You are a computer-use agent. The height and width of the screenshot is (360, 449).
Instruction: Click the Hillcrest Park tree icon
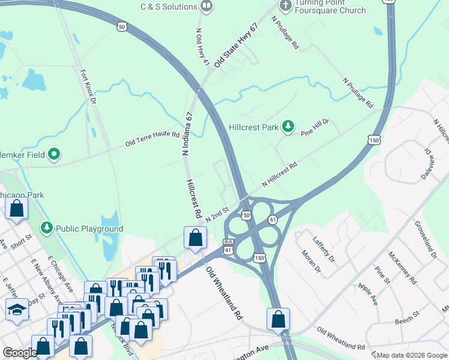(289, 127)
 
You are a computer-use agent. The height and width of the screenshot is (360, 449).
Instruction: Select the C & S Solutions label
(169, 7)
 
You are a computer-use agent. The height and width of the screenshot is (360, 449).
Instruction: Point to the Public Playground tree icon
(47, 228)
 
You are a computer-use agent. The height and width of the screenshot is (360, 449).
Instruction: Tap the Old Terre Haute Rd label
(152, 139)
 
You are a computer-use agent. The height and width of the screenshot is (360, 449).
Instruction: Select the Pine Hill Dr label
(315, 127)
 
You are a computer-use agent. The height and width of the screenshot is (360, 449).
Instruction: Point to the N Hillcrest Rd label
(280, 175)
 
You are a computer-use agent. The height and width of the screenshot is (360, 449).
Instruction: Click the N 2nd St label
(218, 214)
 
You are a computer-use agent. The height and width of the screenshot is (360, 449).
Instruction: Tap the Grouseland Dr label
(425, 239)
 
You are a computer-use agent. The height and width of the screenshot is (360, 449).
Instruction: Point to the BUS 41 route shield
(228, 245)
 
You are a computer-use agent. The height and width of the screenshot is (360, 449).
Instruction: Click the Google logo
(20, 353)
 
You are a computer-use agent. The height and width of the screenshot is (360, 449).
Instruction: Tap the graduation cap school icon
(16, 310)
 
